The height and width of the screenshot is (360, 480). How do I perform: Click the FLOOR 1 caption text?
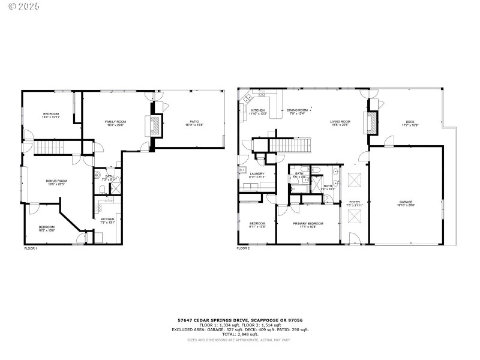tap(31, 248)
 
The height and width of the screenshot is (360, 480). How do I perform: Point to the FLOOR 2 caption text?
tap(243, 248)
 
